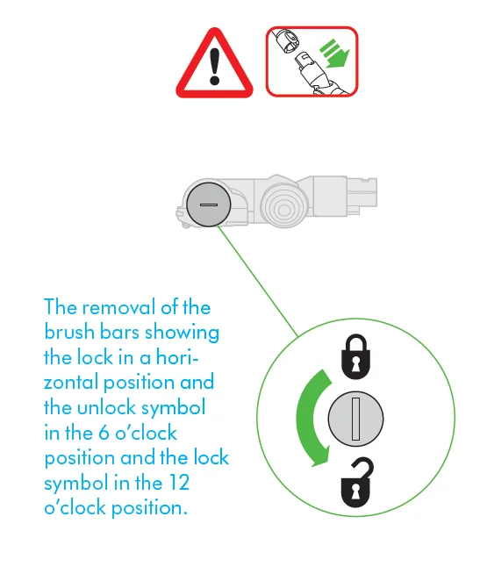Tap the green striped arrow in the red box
point(334,54)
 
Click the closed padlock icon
point(355,356)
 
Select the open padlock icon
point(357,483)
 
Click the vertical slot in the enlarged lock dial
point(355,419)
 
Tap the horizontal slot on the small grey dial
point(209,204)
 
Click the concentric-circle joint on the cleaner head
point(283,209)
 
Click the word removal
point(119,307)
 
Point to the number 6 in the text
point(104,434)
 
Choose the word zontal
point(71,382)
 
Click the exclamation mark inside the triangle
point(214,66)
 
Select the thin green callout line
point(258,280)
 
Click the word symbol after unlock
point(174,408)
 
